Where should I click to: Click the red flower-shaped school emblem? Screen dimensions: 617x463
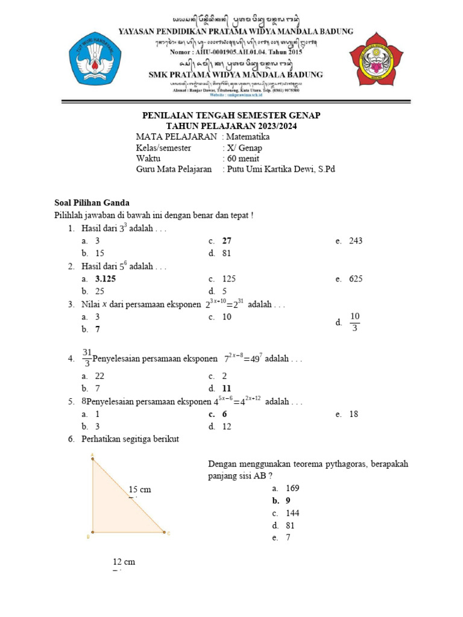point(378,58)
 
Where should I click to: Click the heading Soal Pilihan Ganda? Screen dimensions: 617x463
point(92,203)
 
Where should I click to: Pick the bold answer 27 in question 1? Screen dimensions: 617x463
point(227,240)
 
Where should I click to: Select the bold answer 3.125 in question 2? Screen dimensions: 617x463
point(106,279)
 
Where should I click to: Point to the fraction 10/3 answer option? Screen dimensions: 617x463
point(354,322)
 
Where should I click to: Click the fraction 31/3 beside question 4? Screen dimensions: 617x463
point(87,358)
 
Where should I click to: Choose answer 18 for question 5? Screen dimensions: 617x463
point(353,415)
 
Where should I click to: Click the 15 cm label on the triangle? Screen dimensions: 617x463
point(140,489)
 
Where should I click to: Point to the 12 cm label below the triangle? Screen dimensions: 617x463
point(124,562)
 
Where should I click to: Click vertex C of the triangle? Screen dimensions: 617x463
point(164,532)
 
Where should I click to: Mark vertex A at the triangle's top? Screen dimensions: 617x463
point(92,459)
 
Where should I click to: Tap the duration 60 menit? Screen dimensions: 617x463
point(242,158)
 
